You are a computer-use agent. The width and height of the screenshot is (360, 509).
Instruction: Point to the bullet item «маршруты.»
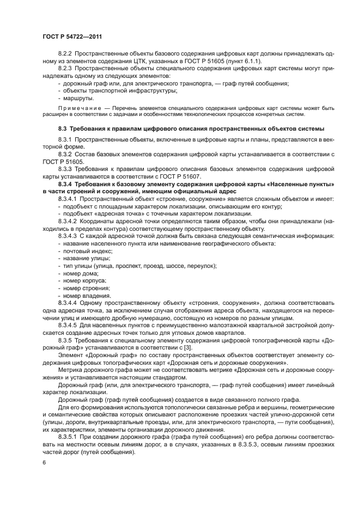pyautogui.click(x=78, y=98)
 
